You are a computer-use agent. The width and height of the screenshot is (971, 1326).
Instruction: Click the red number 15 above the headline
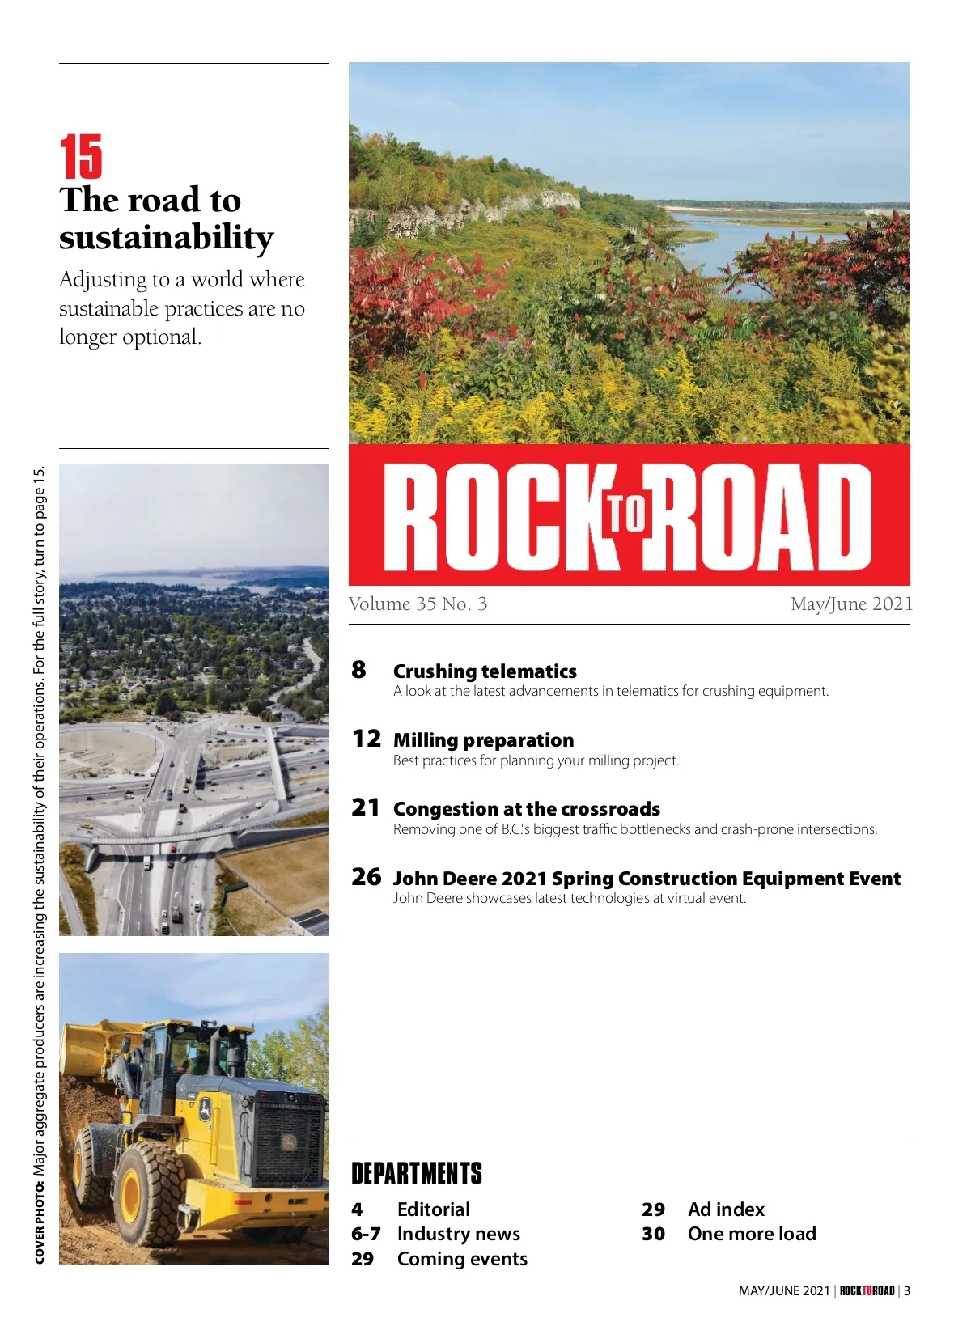point(81,157)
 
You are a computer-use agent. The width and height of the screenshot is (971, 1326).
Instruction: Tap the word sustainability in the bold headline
point(166,238)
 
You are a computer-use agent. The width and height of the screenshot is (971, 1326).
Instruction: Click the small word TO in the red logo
point(628,514)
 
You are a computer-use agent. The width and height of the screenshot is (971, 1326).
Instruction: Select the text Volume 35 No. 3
point(418,604)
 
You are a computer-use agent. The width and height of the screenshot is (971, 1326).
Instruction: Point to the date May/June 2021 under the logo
point(851,604)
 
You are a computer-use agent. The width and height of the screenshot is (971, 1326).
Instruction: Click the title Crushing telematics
point(485,671)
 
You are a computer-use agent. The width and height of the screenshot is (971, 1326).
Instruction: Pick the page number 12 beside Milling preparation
point(366,739)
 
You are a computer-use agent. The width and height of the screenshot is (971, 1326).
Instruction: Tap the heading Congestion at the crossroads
point(526,809)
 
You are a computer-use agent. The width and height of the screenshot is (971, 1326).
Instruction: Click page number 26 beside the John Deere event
point(366,877)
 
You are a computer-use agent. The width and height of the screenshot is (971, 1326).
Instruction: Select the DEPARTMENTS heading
point(417,1174)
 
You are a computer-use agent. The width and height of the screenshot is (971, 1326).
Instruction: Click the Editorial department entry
point(433,1209)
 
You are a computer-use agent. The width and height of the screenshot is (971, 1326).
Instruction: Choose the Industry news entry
point(458,1234)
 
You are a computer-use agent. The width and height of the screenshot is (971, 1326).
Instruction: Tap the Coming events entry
point(461,1259)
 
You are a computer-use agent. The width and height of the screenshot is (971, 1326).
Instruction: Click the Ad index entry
point(726,1209)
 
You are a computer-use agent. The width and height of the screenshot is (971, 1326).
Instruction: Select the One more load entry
point(751,1234)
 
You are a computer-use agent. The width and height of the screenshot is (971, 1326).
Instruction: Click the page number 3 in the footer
point(907,1291)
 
